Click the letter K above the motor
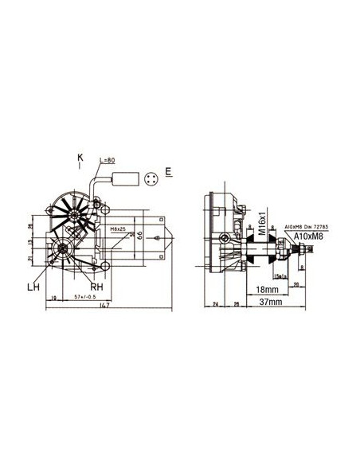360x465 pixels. (x=80, y=157)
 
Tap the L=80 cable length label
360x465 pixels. (x=108, y=160)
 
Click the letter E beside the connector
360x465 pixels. (x=169, y=171)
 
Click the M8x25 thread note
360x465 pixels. (x=119, y=229)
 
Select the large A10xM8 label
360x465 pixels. (x=308, y=236)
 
